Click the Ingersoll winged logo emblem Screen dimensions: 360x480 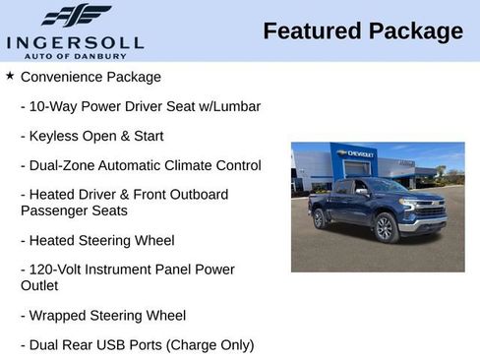point(76,15)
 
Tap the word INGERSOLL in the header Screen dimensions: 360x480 point(75,41)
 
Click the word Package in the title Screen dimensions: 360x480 point(415,31)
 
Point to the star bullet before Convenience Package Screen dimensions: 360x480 point(10,75)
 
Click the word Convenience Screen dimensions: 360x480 point(62,76)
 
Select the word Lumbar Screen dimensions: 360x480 point(236,105)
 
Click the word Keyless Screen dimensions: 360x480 point(55,136)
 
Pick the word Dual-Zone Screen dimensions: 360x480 point(65,165)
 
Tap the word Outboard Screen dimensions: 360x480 point(196,195)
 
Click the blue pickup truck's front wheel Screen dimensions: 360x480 point(385,228)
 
